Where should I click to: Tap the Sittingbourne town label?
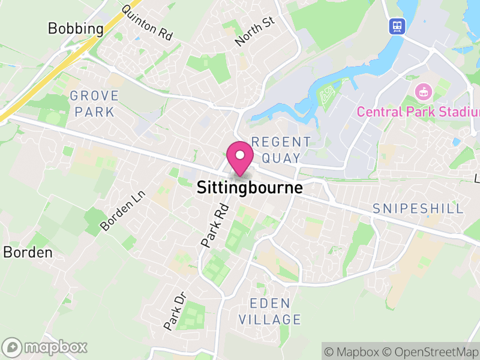250,188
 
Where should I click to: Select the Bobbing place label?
76,28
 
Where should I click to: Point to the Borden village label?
28,253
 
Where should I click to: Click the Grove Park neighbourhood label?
94,104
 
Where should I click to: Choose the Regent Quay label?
281,150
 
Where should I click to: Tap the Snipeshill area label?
418,209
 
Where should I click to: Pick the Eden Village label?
270,311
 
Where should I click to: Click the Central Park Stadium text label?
418,112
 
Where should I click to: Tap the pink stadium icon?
424,93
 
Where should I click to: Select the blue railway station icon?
397,26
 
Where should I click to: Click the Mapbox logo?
45,347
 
